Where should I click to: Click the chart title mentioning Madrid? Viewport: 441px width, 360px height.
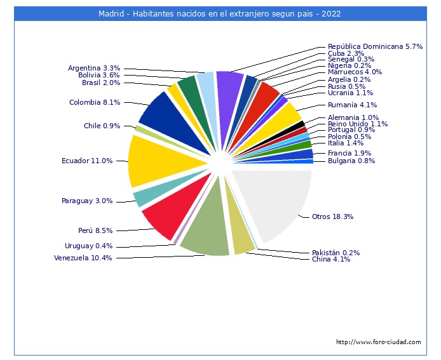pos(220,13)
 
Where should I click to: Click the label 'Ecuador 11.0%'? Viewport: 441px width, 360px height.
pos(87,161)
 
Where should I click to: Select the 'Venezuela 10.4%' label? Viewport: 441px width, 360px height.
pos(83,258)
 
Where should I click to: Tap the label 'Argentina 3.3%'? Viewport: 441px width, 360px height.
pos(94,68)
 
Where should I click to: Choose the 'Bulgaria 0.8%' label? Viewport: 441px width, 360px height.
pos(351,161)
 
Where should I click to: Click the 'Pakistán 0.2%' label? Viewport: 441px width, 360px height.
pos(336,252)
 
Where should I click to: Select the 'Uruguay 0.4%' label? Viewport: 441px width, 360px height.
pos(88,246)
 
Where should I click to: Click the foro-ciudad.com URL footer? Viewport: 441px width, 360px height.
pos(378,342)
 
